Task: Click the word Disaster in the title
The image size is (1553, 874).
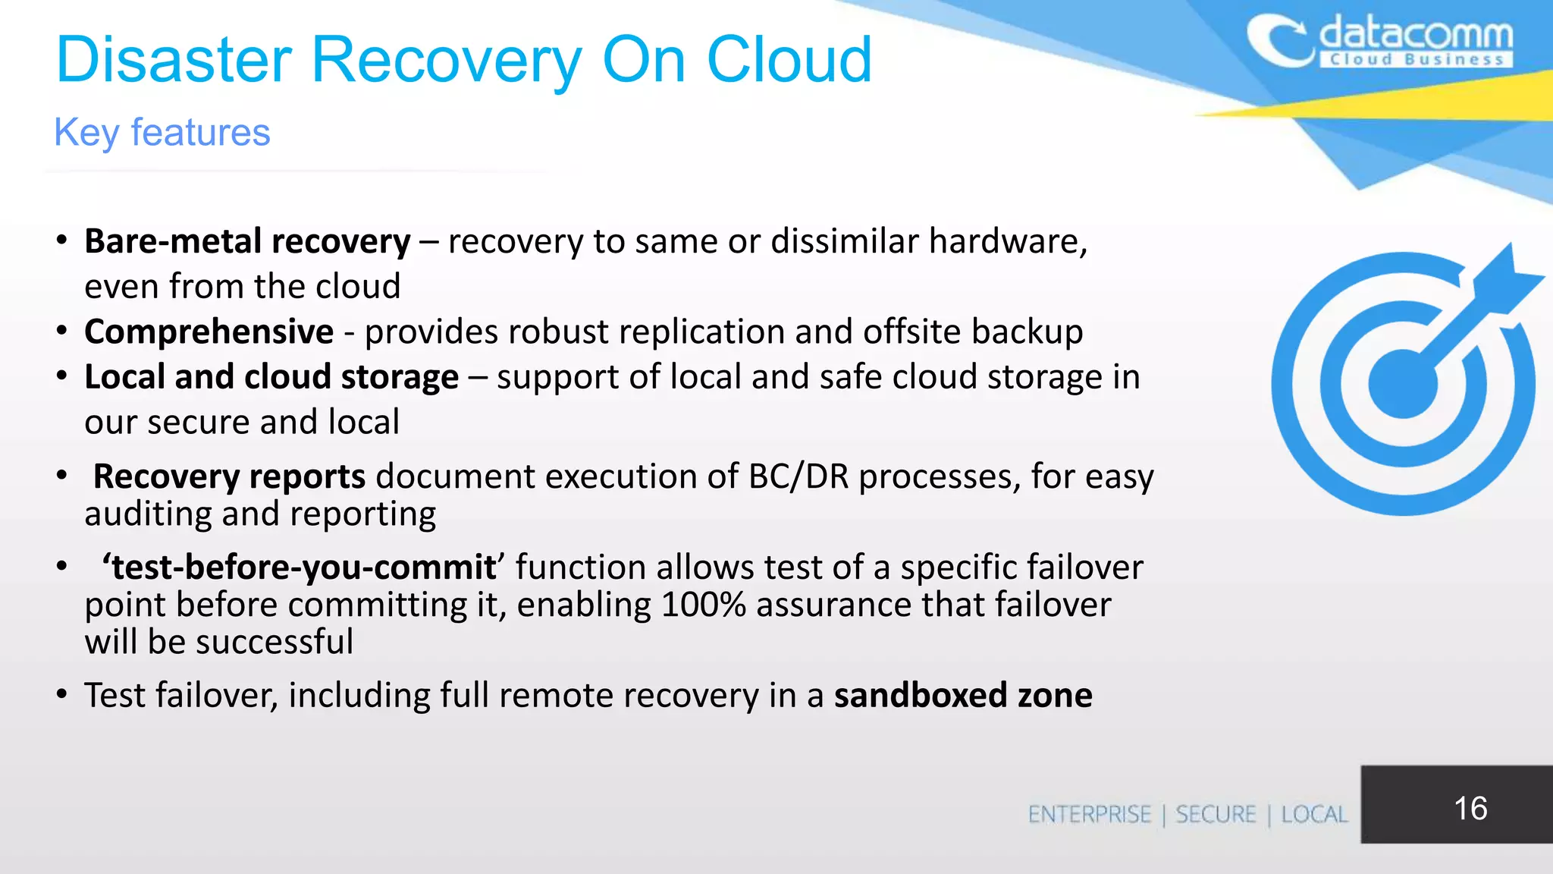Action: pyautogui.click(x=174, y=60)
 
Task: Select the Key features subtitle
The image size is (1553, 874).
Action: pyautogui.click(x=162, y=133)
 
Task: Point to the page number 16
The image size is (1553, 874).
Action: pyautogui.click(x=1470, y=808)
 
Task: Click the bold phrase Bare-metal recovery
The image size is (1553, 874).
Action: pyautogui.click(x=247, y=242)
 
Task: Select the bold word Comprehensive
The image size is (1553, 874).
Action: pyautogui.click(x=209, y=332)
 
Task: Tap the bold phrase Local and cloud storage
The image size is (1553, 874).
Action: pyautogui.click(x=271, y=377)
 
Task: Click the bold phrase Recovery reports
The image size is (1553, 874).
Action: pyautogui.click(x=229, y=476)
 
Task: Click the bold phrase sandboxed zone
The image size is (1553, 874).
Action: pyautogui.click(x=963, y=695)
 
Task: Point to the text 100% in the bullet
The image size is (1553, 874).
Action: pyautogui.click(x=703, y=605)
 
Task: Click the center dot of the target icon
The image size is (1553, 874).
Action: pyautogui.click(x=1402, y=385)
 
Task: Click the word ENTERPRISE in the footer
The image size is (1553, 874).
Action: pyautogui.click(x=1089, y=815)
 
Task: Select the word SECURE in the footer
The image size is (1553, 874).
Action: pyautogui.click(x=1216, y=815)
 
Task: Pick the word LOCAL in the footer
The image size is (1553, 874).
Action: pyautogui.click(x=1314, y=815)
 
